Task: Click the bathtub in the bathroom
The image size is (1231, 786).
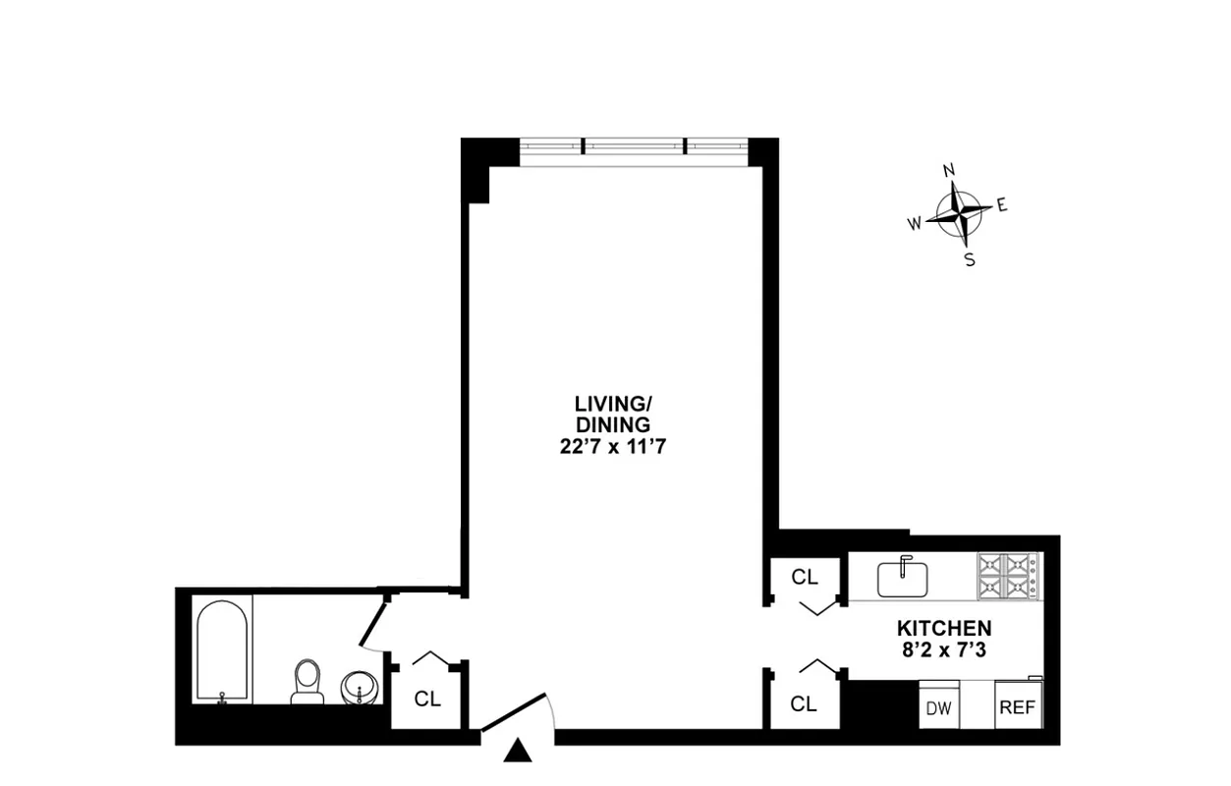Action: coord(224,650)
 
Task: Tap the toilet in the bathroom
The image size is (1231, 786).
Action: coord(308,682)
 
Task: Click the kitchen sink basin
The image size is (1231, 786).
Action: coord(903,578)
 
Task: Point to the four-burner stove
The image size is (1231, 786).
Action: coord(1007,577)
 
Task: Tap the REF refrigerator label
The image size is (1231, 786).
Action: coord(1017,707)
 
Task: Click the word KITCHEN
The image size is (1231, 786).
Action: coord(943,628)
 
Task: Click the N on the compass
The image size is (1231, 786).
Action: coord(949,171)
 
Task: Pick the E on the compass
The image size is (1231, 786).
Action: coord(1002,205)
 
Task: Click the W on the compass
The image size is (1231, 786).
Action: coord(914,224)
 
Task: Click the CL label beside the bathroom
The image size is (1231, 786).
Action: coord(427,700)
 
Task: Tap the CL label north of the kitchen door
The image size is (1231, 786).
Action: coord(805,578)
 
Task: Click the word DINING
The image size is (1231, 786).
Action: coord(614,425)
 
